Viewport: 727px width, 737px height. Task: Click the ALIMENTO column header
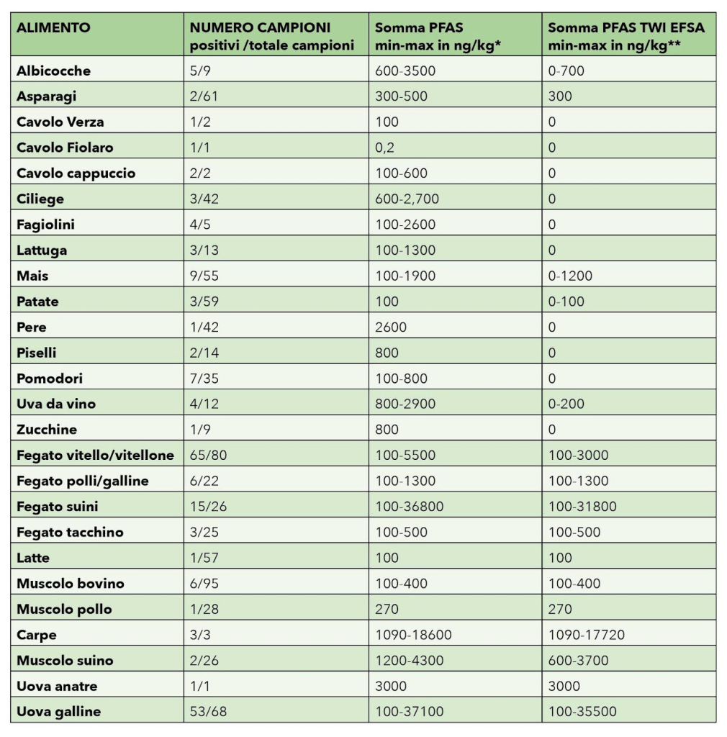[53, 28]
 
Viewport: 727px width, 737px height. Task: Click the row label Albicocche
[53, 71]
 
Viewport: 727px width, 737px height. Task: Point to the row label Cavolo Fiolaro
[65, 148]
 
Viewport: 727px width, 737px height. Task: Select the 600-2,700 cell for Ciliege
[407, 199]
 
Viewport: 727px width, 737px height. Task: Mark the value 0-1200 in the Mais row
[572, 276]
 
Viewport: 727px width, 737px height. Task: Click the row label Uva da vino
[56, 404]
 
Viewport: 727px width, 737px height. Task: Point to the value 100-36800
[409, 506]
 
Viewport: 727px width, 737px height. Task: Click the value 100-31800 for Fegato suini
[582, 506]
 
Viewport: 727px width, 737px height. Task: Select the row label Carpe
[36, 635]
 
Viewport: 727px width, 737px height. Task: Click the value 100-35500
[582, 712]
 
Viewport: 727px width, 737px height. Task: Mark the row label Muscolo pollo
[64, 609]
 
